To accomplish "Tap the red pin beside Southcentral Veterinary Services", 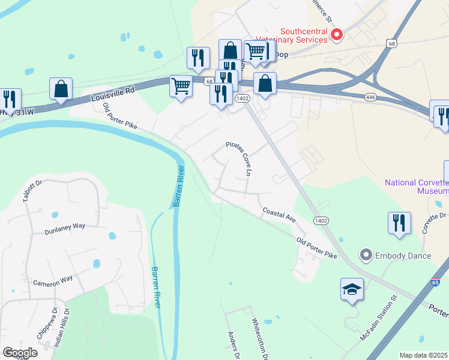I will (337, 35).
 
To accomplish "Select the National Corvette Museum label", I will (417, 187).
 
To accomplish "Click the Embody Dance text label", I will (403, 256).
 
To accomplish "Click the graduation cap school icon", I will (352, 290).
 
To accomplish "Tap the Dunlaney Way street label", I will (64, 229).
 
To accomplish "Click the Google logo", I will (20, 353).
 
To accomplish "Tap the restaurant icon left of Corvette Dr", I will (399, 223).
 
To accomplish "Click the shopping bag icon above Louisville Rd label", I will (61, 89).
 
